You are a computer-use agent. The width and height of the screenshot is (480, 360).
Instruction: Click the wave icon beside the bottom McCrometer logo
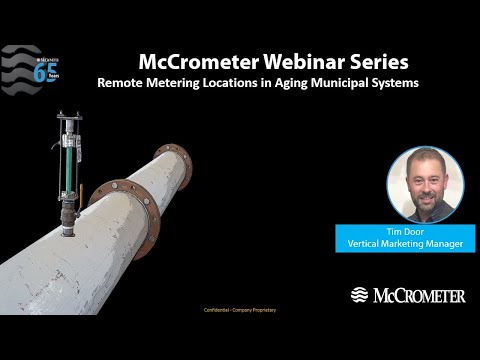pos(360,295)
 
